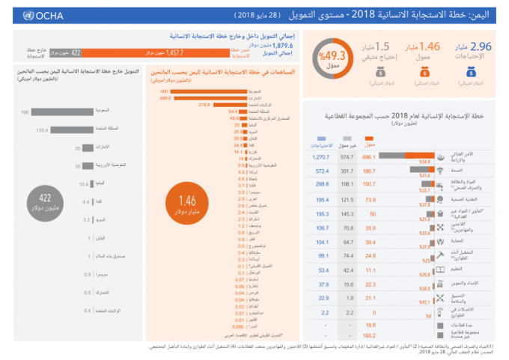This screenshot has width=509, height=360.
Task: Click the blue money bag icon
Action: click(x=472, y=73)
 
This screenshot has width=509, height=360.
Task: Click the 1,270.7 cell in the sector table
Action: click(x=322, y=158)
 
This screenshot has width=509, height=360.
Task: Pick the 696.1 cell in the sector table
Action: click(x=368, y=158)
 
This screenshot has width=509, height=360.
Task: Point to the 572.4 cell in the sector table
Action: click(x=322, y=171)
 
